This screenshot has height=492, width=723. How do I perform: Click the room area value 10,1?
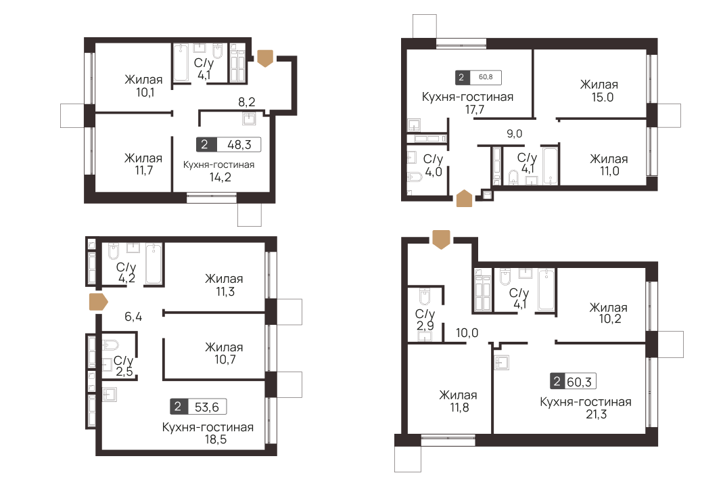[143, 93]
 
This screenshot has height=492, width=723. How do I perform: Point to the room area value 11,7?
[143, 172]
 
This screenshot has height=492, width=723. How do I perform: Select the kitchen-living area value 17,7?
[467, 110]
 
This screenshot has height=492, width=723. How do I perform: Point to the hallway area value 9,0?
[515, 133]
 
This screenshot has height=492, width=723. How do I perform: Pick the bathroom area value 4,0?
[432, 173]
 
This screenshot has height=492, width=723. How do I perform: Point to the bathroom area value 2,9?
[425, 328]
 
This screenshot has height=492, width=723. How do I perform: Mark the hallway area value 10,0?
[467, 332]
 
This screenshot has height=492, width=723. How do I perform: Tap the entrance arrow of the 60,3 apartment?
[441, 239]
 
